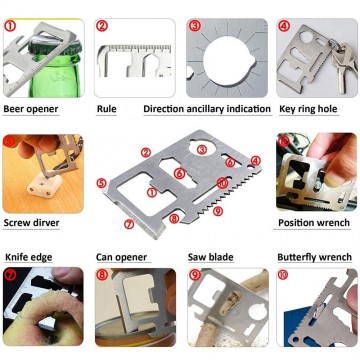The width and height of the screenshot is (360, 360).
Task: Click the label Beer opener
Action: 31,107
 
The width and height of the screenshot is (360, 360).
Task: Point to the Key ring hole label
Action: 313,107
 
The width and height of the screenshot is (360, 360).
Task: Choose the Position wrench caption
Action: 314,223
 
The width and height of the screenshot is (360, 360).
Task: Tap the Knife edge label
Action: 30,257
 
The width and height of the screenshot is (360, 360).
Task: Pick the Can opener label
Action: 121,257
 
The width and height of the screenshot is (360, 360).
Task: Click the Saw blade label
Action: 211,257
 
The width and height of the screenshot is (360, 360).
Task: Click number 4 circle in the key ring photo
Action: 284,27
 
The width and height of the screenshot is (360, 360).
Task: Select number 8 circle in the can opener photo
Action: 102,274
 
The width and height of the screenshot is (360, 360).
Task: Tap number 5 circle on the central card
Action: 101,183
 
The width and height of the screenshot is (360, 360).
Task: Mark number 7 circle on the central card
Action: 128,225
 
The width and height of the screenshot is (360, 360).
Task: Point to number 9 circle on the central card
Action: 218,211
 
